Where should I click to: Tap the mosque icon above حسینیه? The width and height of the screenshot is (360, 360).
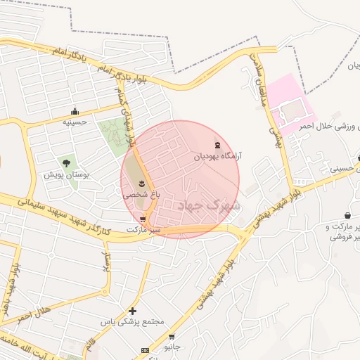coord(75,111)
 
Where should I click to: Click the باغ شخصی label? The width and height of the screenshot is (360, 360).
coord(138,194)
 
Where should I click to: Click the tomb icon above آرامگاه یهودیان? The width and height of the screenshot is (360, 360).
coord(216,145)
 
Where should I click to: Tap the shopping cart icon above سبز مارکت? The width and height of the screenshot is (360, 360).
coord(143,219)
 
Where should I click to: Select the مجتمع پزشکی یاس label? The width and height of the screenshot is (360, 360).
coord(131,321)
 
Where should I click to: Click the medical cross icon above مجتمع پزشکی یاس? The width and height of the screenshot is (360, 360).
coord(132,311)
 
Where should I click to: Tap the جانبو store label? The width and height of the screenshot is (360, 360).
coord(172,347)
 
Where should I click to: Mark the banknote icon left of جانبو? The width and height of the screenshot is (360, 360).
coord(146,350)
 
